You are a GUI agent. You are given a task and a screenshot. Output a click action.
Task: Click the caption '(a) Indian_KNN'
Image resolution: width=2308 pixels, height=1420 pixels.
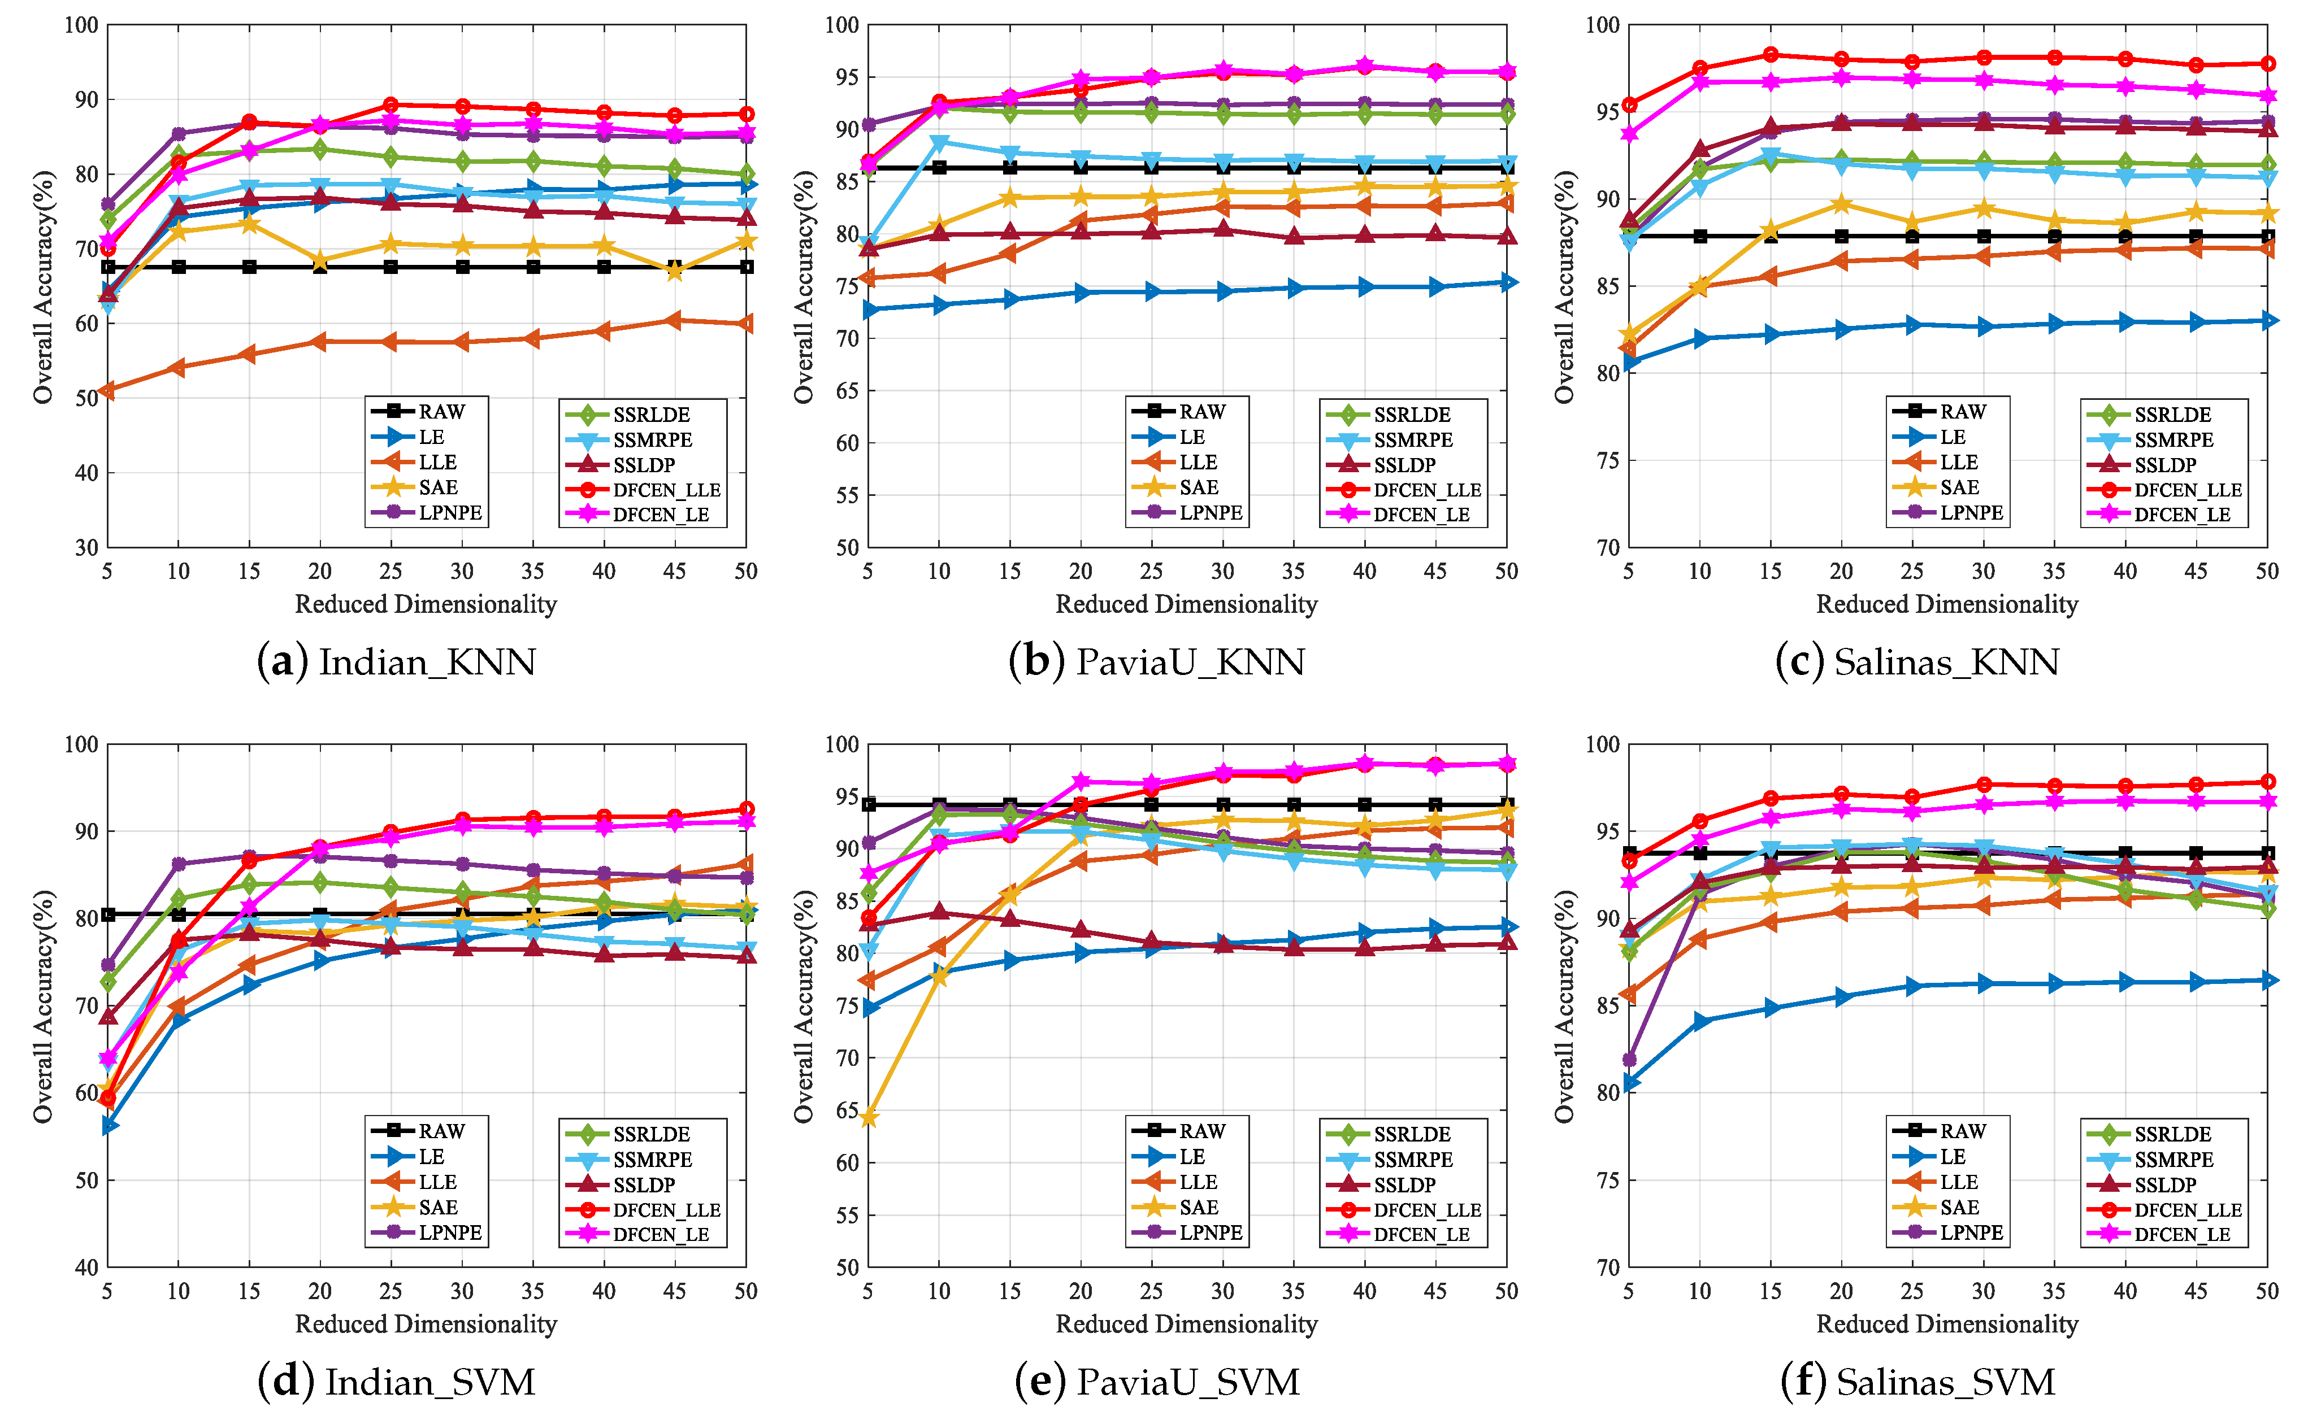pos(396,662)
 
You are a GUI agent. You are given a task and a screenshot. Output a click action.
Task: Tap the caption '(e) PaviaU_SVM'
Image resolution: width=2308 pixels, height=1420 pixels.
pos(1157,1382)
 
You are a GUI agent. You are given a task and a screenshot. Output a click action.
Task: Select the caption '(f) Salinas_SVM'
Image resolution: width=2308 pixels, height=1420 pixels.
pos(1917,1382)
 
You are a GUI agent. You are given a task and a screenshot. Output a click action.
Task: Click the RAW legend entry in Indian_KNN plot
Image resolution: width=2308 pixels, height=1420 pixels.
pos(427,411)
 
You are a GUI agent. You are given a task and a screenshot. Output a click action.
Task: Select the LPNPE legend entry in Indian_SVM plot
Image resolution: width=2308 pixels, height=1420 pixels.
pos(427,1232)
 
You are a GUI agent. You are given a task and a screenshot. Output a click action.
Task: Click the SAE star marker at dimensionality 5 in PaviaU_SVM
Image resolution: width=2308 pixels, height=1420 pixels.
pos(869,1118)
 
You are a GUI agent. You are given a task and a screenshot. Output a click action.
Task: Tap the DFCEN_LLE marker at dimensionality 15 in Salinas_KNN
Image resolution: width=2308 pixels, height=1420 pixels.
pos(1770,54)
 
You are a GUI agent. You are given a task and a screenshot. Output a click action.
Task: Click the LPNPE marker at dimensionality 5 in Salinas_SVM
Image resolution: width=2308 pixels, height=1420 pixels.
pos(1630,1060)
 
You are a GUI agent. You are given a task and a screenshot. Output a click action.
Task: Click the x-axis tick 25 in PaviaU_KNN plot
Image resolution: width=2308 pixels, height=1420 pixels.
pos(1152,571)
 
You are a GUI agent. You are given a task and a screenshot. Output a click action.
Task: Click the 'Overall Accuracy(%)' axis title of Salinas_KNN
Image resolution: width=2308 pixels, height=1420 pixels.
pos(1564,286)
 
